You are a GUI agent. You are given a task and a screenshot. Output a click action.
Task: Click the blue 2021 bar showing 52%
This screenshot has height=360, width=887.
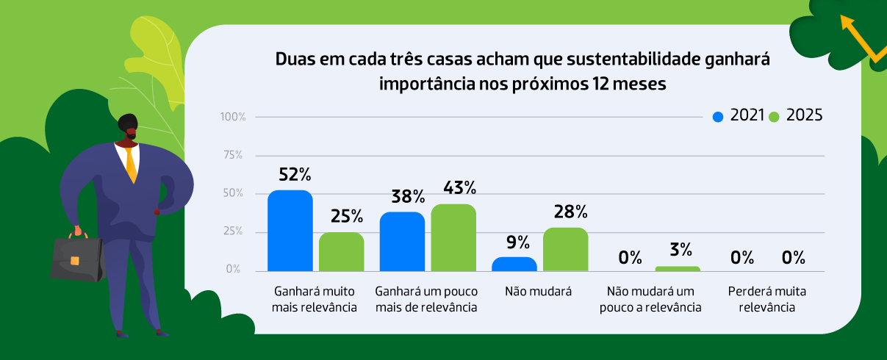coord(290,231)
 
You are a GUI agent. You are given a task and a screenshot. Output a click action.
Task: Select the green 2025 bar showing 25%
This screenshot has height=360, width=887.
coord(341,251)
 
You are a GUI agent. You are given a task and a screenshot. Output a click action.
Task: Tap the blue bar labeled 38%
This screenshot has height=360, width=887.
coord(402,241)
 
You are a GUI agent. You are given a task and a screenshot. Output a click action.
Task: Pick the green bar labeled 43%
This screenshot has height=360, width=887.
coord(453,237)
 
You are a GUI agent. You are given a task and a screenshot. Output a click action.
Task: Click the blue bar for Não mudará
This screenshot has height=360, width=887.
coord(514,264)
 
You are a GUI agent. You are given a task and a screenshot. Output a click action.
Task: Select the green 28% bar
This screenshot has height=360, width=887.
coord(565,249)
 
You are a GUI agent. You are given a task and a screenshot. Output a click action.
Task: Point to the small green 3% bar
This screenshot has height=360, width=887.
coord(677,269)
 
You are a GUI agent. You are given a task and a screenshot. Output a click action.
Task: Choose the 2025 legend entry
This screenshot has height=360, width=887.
coord(795,116)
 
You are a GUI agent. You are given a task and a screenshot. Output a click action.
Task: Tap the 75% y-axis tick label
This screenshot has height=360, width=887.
coord(234,155)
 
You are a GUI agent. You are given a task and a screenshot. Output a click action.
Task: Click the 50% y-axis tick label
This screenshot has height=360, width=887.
coord(234,193)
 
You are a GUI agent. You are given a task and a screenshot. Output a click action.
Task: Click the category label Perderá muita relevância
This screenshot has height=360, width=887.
coord(761,299)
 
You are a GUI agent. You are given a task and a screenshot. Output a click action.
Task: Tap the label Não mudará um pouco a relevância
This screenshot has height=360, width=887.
coord(650,299)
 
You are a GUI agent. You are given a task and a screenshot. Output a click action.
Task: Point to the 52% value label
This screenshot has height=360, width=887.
coord(295,175)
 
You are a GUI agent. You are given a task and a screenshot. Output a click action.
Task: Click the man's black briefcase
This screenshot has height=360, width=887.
coord(76,258)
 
